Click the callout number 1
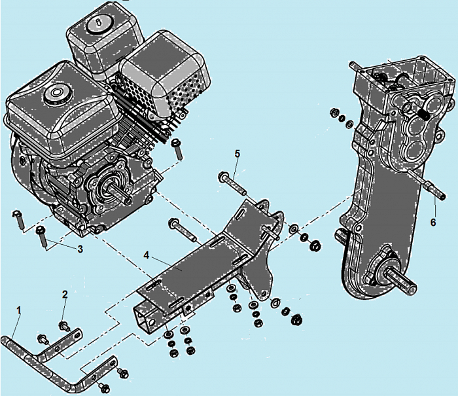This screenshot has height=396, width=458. (x=19, y=310)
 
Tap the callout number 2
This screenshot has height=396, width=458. (x=65, y=295)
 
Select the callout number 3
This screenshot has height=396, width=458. (x=80, y=249)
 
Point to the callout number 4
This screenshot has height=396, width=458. (x=147, y=255)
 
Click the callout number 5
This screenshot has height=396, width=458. (x=237, y=153)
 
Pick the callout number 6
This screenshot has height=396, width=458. (x=433, y=223)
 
